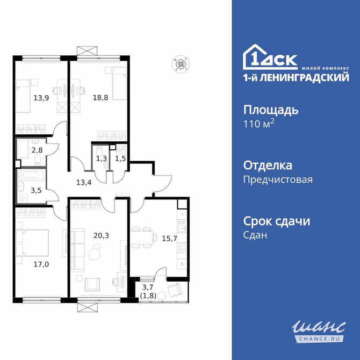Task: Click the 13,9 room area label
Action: coord(40,98)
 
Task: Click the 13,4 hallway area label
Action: coord(83,182)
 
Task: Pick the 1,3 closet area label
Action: coord(101,159)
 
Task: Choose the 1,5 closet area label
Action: coord(120,159)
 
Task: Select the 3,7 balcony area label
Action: coord(147,290)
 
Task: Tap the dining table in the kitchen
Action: coord(141,236)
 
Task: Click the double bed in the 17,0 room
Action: coord(32,244)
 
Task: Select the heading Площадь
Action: coord(271,110)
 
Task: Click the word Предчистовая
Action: coord(278,180)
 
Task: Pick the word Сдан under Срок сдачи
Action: coord(255,235)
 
